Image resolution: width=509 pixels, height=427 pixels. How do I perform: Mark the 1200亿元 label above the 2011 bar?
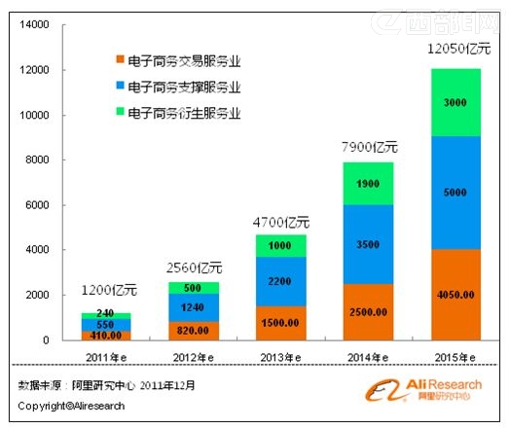click(x=108, y=291)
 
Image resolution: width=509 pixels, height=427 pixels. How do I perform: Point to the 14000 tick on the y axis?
click(x=34, y=25)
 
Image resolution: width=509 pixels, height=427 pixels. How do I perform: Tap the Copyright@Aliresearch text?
click(x=71, y=406)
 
